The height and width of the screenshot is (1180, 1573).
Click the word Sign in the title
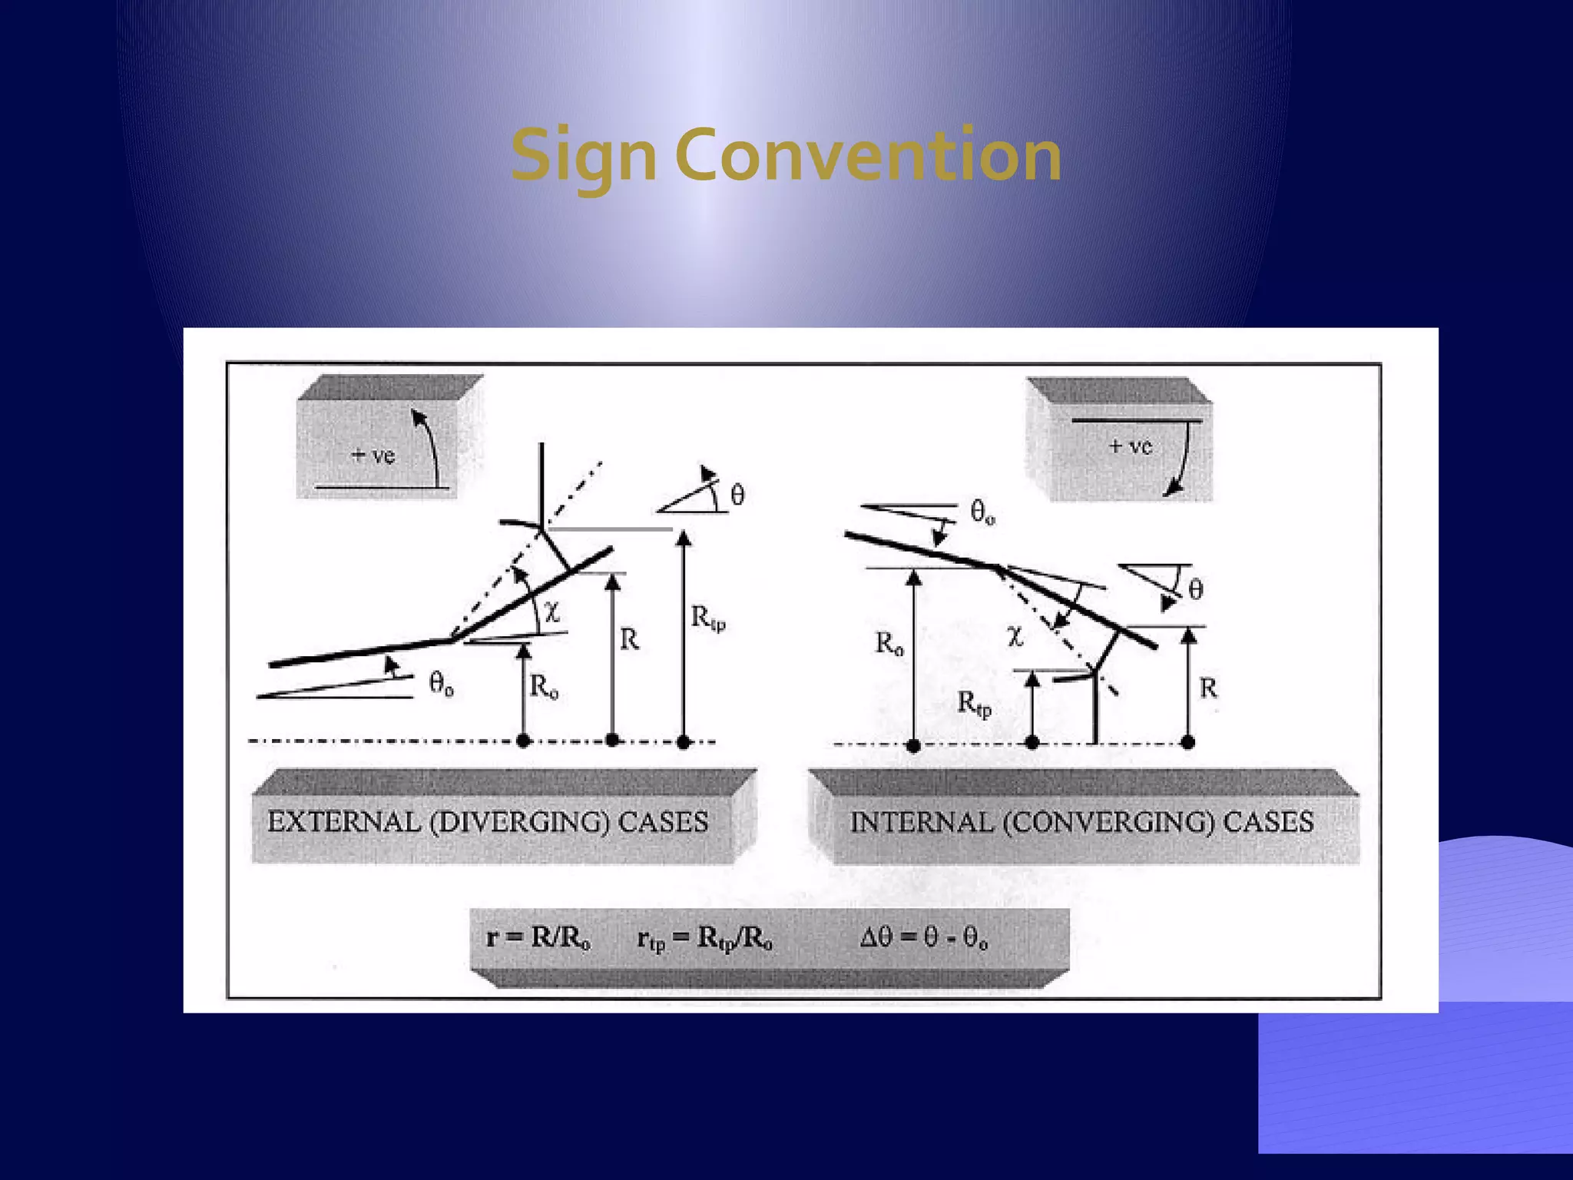pos(584,156)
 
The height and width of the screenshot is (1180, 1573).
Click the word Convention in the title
pos(868,156)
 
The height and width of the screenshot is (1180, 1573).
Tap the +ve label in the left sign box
pos(373,456)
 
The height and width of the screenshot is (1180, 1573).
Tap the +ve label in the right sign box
pos(1131,446)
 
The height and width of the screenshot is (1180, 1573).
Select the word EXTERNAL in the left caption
pos(343,822)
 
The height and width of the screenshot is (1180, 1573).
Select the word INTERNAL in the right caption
pos(920,822)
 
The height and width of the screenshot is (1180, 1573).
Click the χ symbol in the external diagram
pos(552,612)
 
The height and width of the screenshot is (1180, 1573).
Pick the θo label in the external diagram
pos(441,683)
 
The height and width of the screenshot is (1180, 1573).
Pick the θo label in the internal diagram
pos(982,512)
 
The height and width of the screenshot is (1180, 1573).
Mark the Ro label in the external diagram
pos(544,687)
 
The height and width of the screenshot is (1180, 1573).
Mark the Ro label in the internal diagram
pos(889,644)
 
